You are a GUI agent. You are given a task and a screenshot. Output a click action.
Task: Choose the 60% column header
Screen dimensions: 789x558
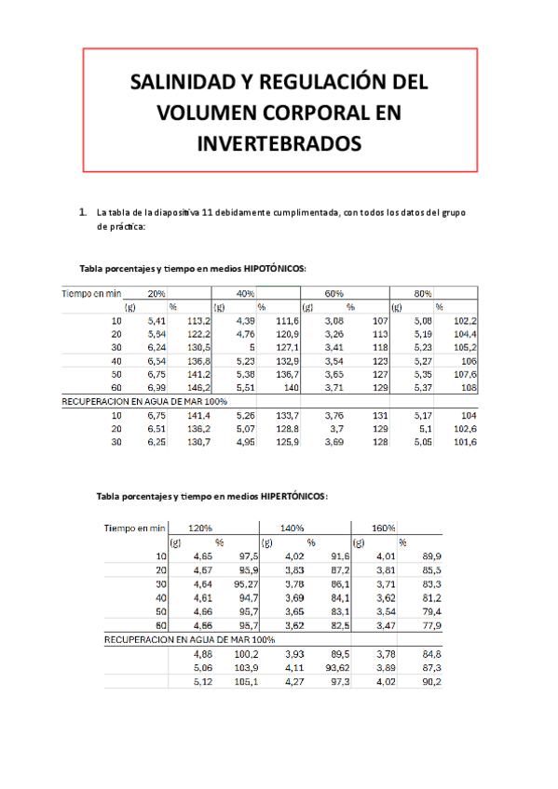coord(333,293)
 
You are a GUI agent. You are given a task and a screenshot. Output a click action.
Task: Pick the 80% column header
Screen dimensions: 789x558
coord(422,293)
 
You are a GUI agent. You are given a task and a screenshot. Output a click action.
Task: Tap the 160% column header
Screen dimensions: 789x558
coord(382,528)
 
